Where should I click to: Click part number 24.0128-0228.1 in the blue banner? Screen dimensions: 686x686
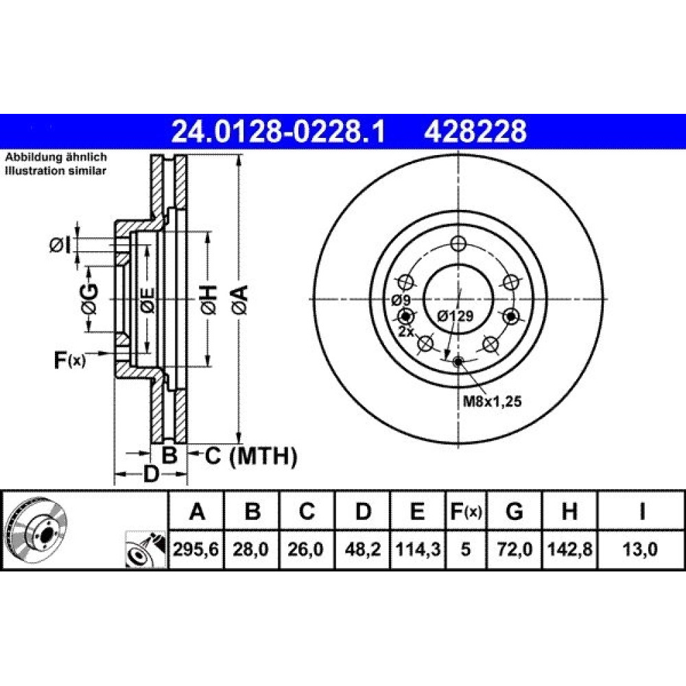pos(279,131)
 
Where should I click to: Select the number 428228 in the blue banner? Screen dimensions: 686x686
pos(475,131)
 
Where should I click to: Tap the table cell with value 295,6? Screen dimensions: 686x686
pos(196,549)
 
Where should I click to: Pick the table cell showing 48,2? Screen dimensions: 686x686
pos(363,549)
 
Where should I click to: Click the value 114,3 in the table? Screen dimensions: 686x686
pos(418,549)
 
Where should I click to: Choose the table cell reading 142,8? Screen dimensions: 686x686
pos(569,549)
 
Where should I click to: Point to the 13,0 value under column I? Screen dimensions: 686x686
pos(641,549)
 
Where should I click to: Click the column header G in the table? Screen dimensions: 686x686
pos(514,511)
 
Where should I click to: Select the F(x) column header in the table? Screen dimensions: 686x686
pos(466,511)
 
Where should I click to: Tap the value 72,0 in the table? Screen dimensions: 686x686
pos(514,549)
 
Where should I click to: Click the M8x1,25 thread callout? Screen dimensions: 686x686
pos(493,401)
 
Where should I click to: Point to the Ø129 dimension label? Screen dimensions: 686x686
pos(456,316)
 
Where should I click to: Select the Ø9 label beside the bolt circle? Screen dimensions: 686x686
pos(401,300)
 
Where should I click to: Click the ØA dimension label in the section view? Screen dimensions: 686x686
pos(240,300)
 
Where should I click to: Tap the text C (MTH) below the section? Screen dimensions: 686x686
pos(251,456)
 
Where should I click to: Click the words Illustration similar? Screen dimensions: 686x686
pos(56,171)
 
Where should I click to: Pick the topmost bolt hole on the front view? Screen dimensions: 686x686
pos(458,244)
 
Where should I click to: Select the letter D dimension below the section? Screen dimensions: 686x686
pos(151,474)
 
